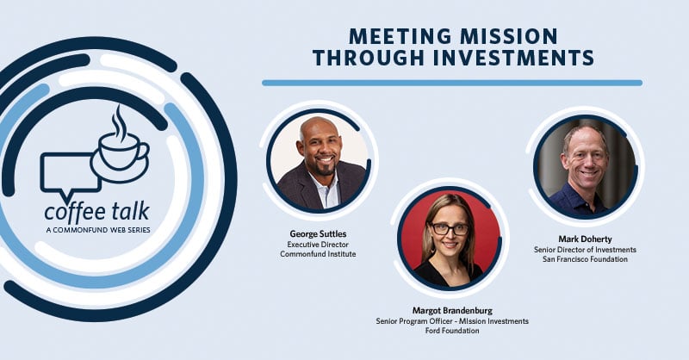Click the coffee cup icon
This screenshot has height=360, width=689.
[x=120, y=153]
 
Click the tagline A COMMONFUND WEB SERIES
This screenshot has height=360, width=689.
[x=96, y=229]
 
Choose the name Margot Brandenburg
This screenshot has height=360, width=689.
[x=452, y=311]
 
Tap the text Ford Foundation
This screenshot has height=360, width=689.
[x=452, y=332]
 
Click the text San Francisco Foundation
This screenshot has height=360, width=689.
[x=585, y=259]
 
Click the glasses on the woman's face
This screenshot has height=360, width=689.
[x=450, y=229]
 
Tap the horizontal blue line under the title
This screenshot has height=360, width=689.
[x=452, y=83]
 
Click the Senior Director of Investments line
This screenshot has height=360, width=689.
[x=585, y=250]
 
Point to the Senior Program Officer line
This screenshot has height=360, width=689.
[x=452, y=321]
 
